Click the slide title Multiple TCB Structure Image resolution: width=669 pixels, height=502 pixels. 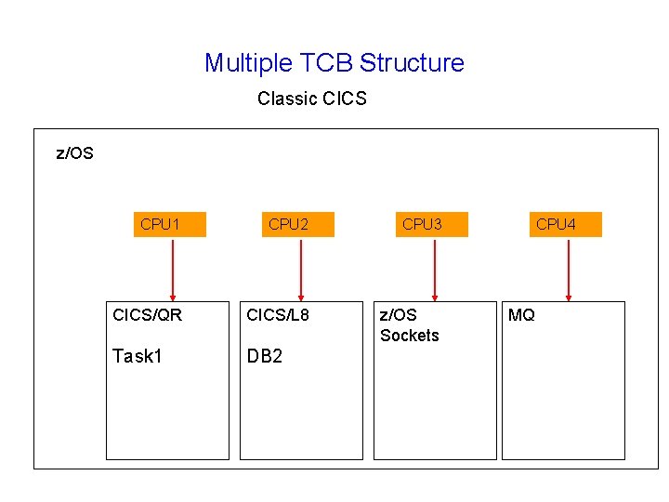(334, 63)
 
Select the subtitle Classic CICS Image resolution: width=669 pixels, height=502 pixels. (312, 99)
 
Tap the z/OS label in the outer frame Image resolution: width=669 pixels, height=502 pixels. (75, 153)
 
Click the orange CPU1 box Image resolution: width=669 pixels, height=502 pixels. (169, 225)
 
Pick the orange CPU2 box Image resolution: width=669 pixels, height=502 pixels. (297, 225)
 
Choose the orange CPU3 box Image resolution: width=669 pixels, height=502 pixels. (431, 225)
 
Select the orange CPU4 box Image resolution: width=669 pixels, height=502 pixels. (565, 225)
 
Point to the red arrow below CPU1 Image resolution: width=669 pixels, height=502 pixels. (172, 269)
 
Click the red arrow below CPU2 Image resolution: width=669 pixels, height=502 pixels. (300, 269)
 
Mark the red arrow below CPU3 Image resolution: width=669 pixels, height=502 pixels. (434, 269)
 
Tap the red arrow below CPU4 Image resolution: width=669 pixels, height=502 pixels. (568, 269)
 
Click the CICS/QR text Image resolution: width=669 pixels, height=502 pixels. (147, 315)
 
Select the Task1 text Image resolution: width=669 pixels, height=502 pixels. (137, 356)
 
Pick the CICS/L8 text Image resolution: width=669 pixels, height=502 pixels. (278, 315)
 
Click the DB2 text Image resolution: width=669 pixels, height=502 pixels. (265, 356)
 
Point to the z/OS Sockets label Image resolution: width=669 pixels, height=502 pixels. (409, 325)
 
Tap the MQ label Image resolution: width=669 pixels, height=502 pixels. (521, 315)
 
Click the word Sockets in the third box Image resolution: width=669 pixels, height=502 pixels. (410, 336)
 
